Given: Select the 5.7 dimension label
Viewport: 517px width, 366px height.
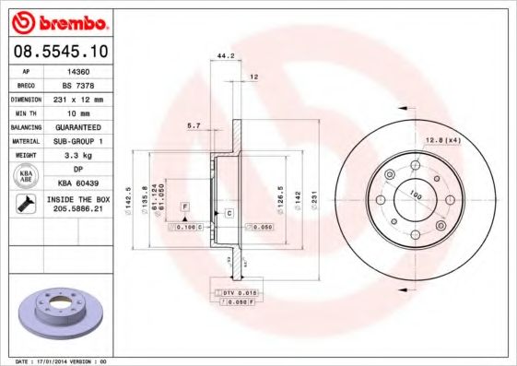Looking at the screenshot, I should point(193,124).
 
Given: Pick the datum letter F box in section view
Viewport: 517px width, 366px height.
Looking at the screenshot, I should point(184,206).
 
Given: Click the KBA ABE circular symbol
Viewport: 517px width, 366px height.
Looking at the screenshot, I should point(28,176).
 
